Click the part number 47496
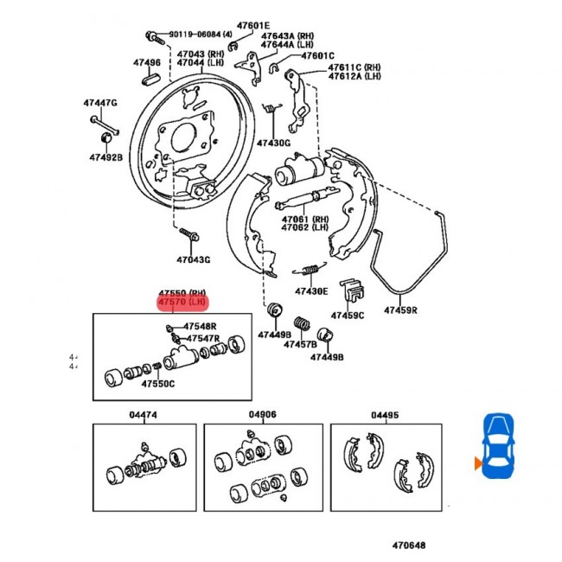click(x=146, y=63)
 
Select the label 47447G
click(x=100, y=104)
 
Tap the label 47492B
click(x=105, y=157)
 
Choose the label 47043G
click(x=194, y=259)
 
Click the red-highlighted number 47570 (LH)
click(x=182, y=303)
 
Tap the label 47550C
click(x=158, y=383)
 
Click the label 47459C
click(x=348, y=316)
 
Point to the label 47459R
click(x=400, y=310)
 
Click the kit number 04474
click(x=144, y=415)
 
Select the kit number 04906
click(x=263, y=415)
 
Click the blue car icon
click(x=498, y=445)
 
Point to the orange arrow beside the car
click(x=476, y=464)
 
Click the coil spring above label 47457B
click(x=303, y=327)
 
